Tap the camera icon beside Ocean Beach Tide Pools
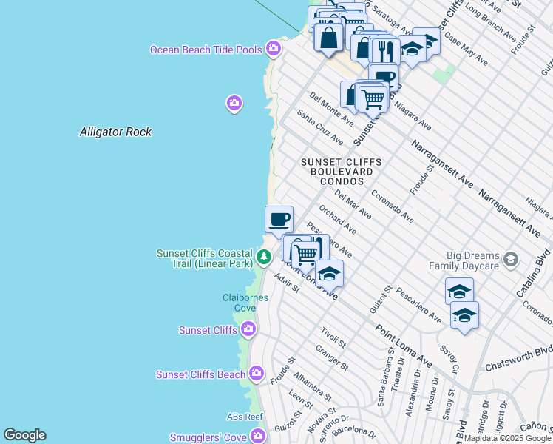pos(274,49)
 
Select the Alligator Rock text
pos(115,132)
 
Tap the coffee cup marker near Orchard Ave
pos(279,219)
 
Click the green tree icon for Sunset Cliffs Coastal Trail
pos(264,258)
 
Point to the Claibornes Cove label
pos(240,303)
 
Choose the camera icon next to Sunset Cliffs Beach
pos(257,374)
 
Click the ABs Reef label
pos(245,417)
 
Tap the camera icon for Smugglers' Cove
pos(257,437)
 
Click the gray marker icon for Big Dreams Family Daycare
pos(510,259)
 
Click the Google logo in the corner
pos(24,435)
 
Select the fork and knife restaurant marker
pos(385,51)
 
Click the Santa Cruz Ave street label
pos(320,127)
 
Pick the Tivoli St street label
pos(333,338)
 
